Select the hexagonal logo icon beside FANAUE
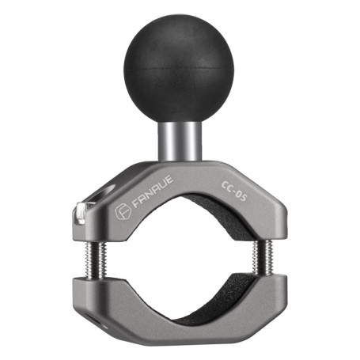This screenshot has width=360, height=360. pyautogui.click(x=123, y=211)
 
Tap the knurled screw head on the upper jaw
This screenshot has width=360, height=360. pyautogui.click(x=81, y=212)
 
